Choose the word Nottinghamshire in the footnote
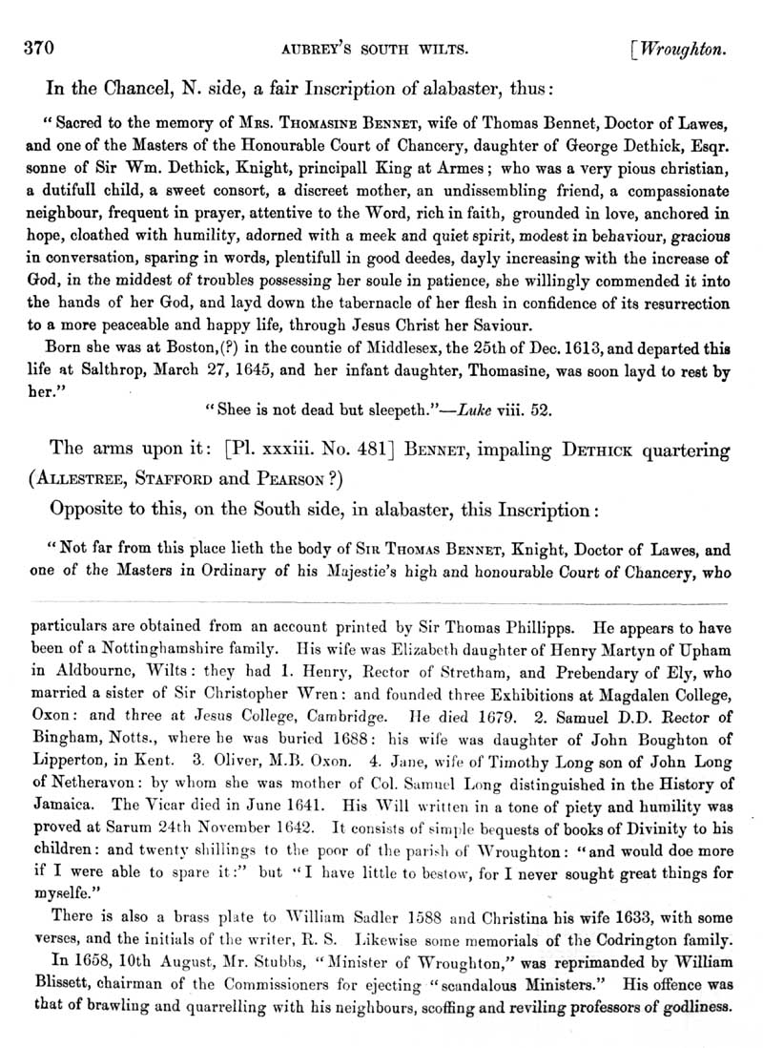coord(172,649)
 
